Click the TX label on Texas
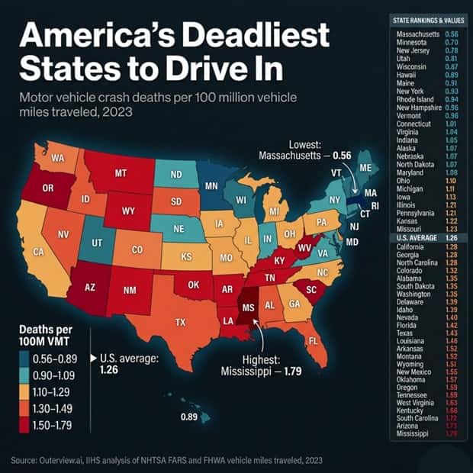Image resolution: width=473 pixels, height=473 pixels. coord(180,322)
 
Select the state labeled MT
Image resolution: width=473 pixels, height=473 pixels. coord(120,174)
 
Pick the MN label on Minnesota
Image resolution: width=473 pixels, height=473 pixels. coord(212,185)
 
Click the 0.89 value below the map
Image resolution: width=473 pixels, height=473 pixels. coord(189,417)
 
